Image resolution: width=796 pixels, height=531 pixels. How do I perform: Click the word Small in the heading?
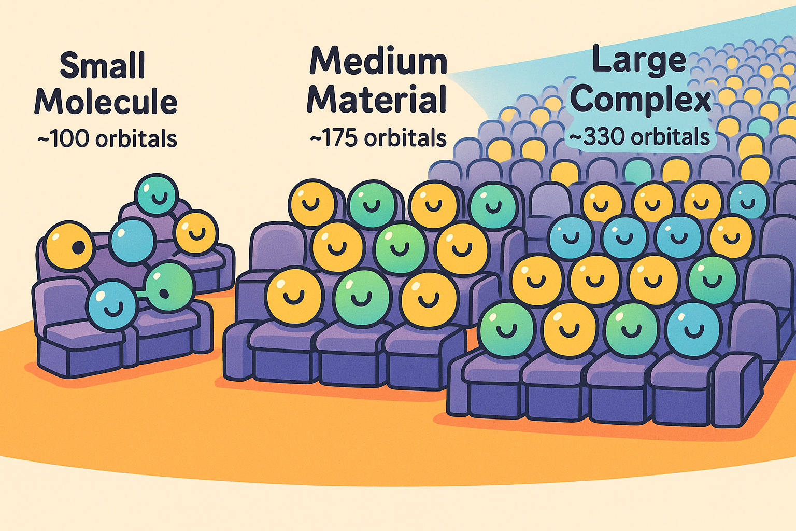[x=103, y=66]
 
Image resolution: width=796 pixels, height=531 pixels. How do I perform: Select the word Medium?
[x=378, y=61]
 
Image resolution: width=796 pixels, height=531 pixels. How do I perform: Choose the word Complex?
[x=642, y=99]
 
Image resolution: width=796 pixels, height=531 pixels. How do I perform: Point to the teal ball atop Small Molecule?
[x=157, y=194]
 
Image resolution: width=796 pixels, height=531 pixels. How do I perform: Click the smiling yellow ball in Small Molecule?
[x=196, y=232]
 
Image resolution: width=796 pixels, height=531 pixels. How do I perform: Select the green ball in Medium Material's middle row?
[x=400, y=248]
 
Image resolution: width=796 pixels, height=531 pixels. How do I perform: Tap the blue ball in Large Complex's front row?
[x=693, y=329]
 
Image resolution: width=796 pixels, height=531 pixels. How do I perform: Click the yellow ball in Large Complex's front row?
[x=569, y=329]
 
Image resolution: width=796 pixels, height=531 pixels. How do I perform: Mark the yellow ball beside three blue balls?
[x=731, y=237]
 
